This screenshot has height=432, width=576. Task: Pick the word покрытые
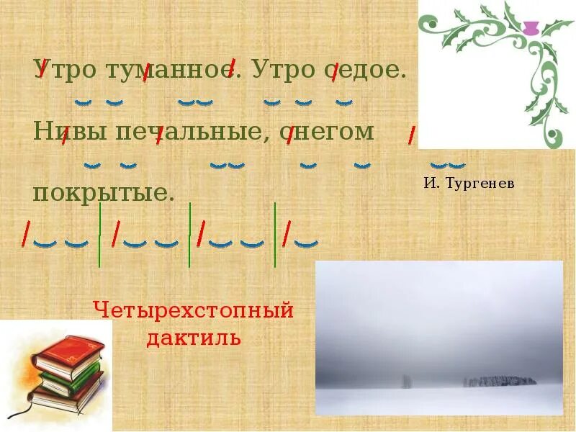click(104, 193)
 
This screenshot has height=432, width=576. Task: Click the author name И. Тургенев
click(469, 184)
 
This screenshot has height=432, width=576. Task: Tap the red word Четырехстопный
click(194, 311)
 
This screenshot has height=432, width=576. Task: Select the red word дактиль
click(194, 337)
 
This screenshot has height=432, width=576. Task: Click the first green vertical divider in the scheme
click(99, 234)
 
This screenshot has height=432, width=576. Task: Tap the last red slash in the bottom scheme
click(287, 233)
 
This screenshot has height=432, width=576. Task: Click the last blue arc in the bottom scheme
click(307, 243)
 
